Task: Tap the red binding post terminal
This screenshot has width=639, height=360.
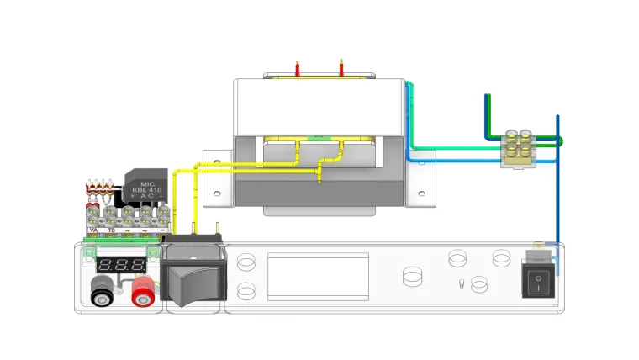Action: point(142,292)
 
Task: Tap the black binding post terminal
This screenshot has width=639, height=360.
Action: point(103,292)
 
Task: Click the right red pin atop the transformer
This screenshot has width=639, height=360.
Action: point(341,67)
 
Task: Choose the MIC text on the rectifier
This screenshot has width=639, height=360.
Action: point(148,183)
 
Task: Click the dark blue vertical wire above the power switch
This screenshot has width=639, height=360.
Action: point(557,177)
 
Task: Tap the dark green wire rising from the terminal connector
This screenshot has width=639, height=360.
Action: point(486,114)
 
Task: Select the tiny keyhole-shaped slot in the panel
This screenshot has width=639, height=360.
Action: point(461,283)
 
